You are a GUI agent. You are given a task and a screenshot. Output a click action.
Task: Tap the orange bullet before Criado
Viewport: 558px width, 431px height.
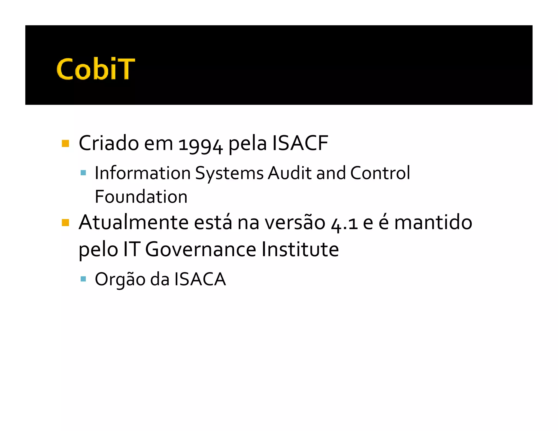(65, 143)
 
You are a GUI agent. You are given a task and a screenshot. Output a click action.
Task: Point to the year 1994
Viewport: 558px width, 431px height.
(201, 144)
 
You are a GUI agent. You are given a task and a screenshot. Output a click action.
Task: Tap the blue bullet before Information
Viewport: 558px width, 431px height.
(83, 173)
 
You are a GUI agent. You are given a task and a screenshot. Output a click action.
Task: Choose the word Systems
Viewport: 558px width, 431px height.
(229, 174)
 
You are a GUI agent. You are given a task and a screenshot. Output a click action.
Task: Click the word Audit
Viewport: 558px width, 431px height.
(289, 173)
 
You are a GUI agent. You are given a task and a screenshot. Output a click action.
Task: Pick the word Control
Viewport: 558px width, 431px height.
(380, 173)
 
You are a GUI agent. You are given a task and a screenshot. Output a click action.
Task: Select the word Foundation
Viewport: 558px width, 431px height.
(141, 197)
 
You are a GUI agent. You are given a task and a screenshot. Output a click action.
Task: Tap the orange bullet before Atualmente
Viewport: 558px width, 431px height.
(65, 223)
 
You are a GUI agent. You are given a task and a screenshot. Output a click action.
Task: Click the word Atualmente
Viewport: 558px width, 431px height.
(134, 223)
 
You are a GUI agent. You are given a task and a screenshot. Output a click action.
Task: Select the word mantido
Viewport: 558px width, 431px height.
(433, 223)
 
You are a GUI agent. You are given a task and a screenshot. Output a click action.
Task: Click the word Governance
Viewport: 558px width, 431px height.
(201, 249)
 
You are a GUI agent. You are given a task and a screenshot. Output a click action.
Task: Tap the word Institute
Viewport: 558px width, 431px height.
(300, 249)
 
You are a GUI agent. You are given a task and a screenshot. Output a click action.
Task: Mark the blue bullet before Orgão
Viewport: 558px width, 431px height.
(83, 279)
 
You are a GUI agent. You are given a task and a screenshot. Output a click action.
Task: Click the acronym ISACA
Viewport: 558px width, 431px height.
(200, 279)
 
